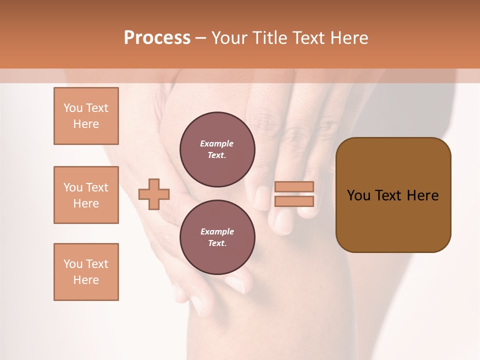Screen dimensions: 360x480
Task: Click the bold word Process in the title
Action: (157, 38)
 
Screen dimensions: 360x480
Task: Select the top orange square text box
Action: (86, 116)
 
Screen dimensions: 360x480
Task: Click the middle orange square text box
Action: (86, 195)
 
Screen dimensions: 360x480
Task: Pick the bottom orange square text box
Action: (86, 272)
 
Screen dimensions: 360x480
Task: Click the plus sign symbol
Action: (154, 194)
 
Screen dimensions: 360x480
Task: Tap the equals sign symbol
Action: (294, 194)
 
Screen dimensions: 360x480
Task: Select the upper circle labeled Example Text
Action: (217, 149)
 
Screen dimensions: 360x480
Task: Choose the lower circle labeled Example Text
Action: (217, 237)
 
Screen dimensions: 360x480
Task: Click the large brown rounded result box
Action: (393, 195)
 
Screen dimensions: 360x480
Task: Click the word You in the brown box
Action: (358, 195)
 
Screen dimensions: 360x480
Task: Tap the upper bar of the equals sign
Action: (294, 186)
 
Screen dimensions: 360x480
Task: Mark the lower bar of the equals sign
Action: (294, 201)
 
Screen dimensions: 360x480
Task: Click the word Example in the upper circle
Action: (217, 143)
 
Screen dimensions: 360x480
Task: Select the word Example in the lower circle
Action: (217, 231)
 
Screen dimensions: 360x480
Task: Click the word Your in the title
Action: (228, 38)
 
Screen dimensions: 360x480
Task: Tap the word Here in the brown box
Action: (422, 195)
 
